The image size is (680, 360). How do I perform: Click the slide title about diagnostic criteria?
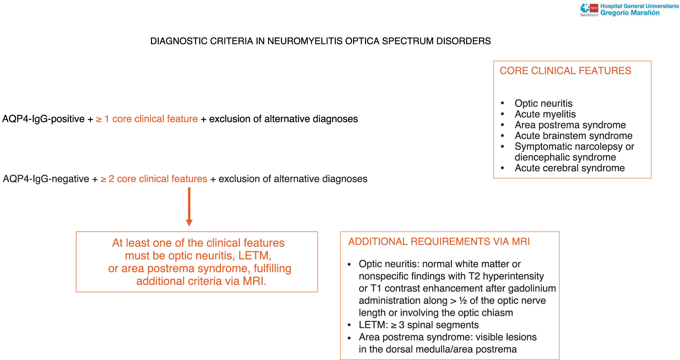point(320,41)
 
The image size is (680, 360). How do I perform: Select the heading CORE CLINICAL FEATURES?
point(565,71)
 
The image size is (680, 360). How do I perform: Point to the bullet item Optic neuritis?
point(543,103)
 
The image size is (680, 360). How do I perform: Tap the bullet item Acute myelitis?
point(545,114)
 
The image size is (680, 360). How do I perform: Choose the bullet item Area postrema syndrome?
point(570,125)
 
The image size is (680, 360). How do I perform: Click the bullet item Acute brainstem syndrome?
point(573,136)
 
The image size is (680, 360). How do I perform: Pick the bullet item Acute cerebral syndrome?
point(569,168)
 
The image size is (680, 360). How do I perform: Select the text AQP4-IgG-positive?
point(44,119)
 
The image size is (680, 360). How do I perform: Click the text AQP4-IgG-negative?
point(46,179)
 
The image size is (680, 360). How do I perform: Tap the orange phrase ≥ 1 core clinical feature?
point(147,119)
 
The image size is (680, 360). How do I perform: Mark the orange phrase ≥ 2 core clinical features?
point(154,179)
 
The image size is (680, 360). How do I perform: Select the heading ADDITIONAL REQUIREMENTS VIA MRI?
point(439,242)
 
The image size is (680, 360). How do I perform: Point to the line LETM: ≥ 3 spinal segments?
point(419,325)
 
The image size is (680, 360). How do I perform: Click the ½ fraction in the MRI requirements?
point(463,301)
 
